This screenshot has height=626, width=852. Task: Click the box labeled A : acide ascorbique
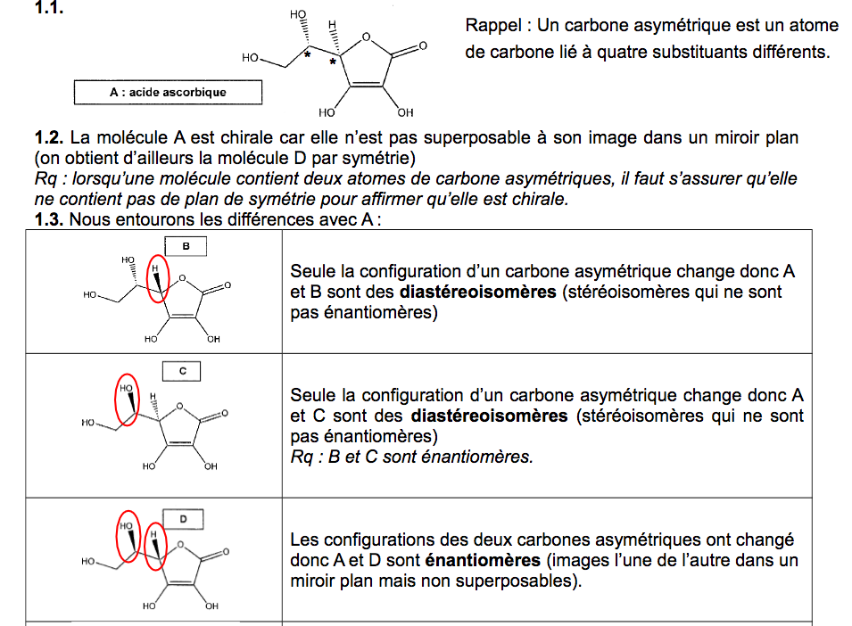(168, 92)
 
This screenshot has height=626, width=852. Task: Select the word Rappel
(493, 25)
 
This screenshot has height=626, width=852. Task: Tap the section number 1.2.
(50, 138)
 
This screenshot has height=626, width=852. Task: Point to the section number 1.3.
(50, 218)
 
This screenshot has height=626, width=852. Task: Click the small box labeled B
(186, 246)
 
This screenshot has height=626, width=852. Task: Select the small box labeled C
(183, 371)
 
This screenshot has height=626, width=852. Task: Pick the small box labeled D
(183, 518)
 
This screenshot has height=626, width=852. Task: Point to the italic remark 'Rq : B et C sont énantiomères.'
(411, 457)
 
